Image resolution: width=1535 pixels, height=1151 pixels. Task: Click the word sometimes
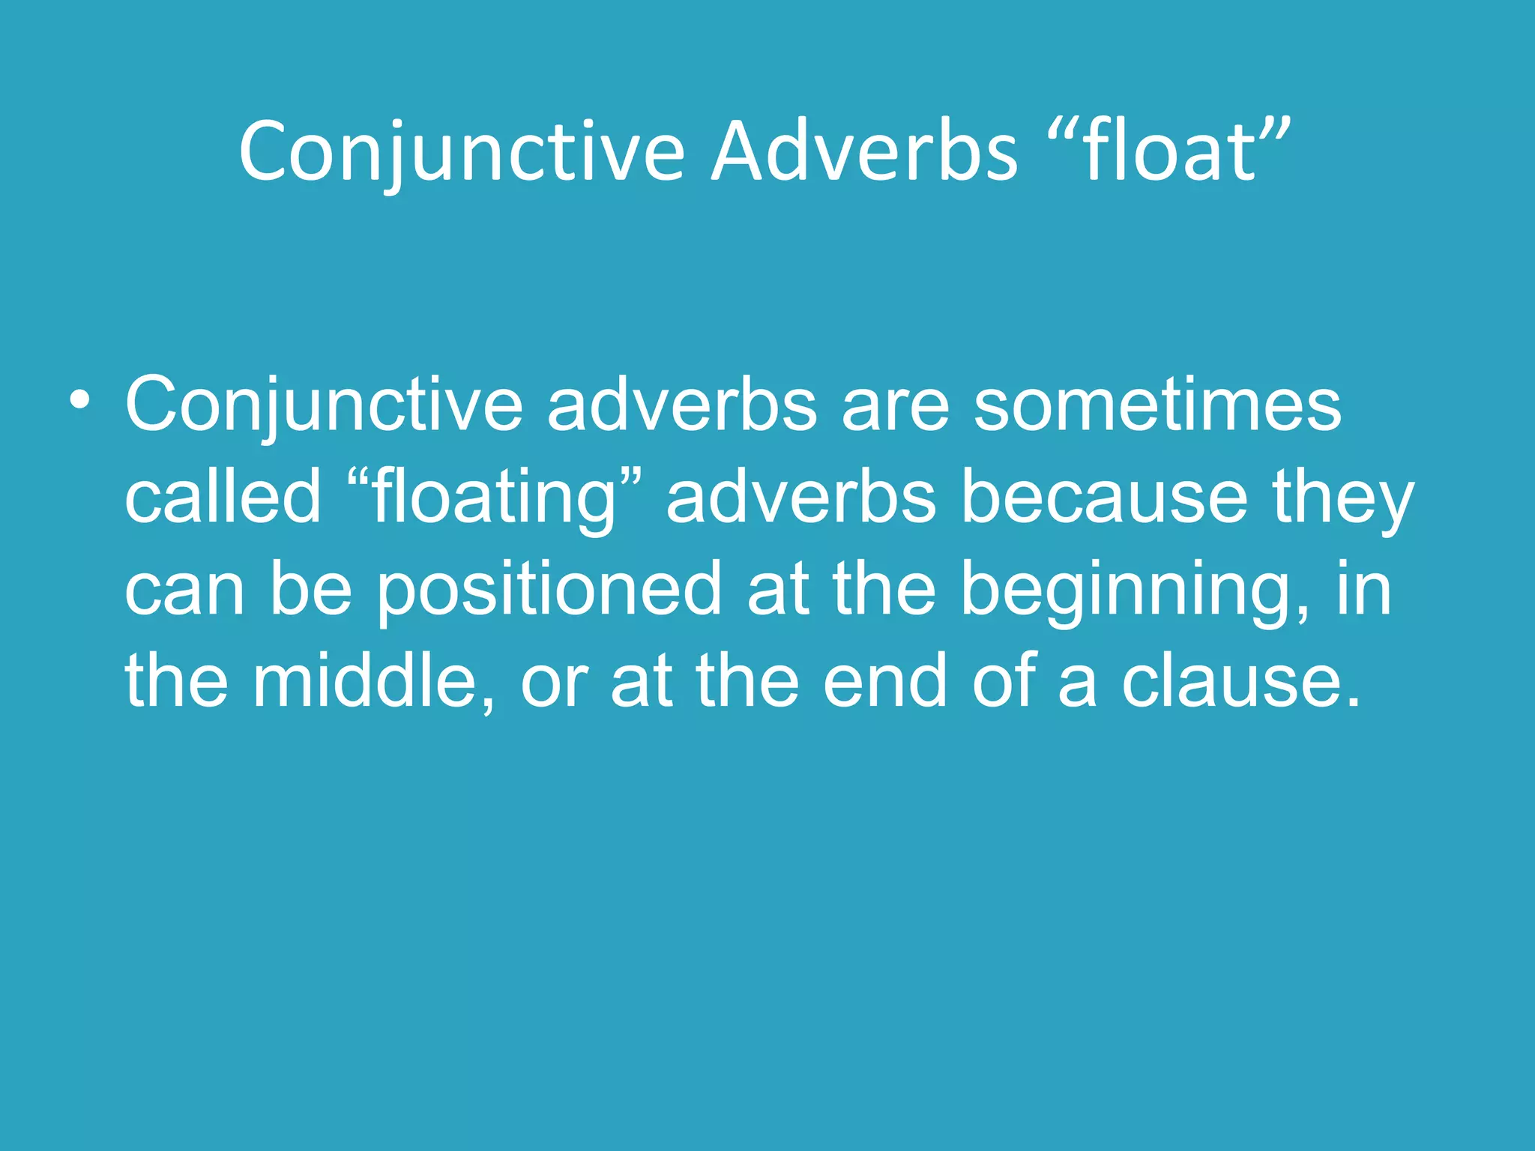tap(1157, 406)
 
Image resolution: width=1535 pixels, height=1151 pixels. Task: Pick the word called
tap(223, 498)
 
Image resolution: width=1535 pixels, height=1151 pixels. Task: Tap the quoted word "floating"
tap(495, 498)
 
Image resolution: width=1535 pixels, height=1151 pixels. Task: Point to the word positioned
tap(549, 590)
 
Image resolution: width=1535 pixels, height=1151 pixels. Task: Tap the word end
tap(885, 681)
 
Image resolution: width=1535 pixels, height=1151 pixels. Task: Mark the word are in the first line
tap(895, 406)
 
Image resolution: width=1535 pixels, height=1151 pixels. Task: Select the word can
tap(184, 590)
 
